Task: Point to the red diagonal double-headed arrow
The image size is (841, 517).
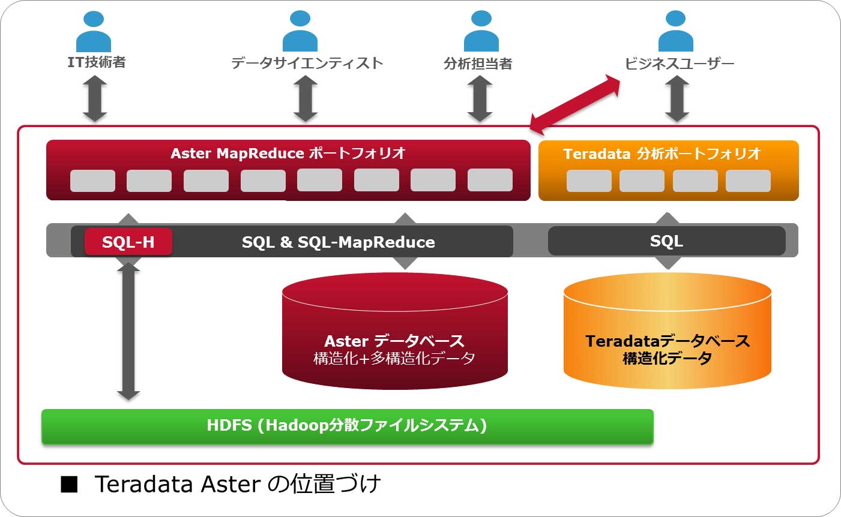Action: tap(575, 104)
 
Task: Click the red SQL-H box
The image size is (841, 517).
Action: tap(128, 242)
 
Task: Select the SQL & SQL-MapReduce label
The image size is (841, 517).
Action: tap(338, 242)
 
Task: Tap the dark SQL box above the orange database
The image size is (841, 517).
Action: tap(666, 241)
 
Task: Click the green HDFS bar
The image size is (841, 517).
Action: tap(347, 426)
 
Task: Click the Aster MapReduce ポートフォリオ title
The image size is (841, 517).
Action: tap(288, 154)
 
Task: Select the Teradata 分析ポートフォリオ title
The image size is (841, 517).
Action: tap(662, 154)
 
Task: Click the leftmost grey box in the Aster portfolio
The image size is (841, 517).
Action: tap(92, 181)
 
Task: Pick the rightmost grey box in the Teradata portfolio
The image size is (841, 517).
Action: tap(747, 181)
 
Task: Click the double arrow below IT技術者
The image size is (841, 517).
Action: tap(95, 99)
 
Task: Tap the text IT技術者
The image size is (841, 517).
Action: tap(96, 62)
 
